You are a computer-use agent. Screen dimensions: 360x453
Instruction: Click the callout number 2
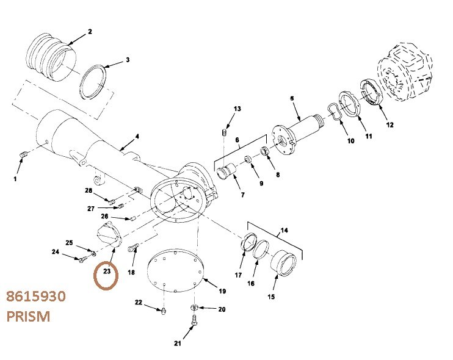pos(90,31)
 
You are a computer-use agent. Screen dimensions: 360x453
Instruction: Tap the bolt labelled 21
pos(193,320)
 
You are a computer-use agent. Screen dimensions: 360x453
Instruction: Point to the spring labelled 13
pos(223,132)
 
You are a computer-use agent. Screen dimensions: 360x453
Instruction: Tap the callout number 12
pos(390,125)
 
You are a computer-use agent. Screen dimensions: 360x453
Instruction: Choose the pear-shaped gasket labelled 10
pos(334,113)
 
